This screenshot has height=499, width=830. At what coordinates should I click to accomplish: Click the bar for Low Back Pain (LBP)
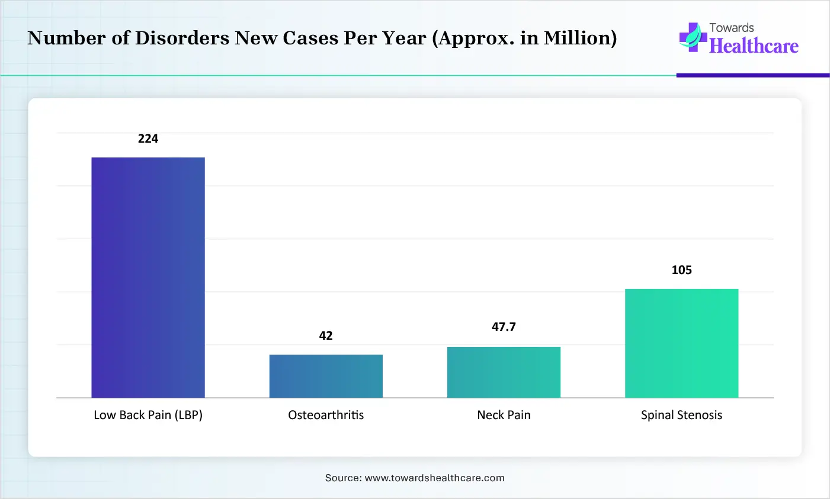coord(148,277)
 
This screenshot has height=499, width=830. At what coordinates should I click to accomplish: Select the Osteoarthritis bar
coord(326,376)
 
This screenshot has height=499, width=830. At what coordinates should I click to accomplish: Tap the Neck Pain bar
coord(504,372)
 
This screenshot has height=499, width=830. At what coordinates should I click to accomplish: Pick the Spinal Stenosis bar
coord(681,343)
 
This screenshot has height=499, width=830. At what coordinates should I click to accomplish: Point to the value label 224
coord(148,139)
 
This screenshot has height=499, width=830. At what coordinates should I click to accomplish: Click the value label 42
coord(326,336)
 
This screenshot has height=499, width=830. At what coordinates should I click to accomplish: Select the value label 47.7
coord(504,327)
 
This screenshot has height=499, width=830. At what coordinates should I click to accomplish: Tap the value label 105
coord(681,270)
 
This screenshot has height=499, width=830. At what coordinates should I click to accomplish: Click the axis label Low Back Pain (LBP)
coord(148,415)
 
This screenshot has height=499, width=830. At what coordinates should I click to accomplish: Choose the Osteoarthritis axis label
coord(326,415)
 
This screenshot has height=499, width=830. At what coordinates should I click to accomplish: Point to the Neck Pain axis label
coord(504,415)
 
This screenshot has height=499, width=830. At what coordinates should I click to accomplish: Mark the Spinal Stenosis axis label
coord(681,415)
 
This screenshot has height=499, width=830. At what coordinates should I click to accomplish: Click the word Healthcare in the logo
coord(754,46)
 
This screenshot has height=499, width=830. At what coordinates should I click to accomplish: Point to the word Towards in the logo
coord(732,28)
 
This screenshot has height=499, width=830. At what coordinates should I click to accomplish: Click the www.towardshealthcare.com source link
coord(434,478)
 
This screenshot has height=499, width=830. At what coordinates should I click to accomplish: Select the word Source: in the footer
coord(343,478)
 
